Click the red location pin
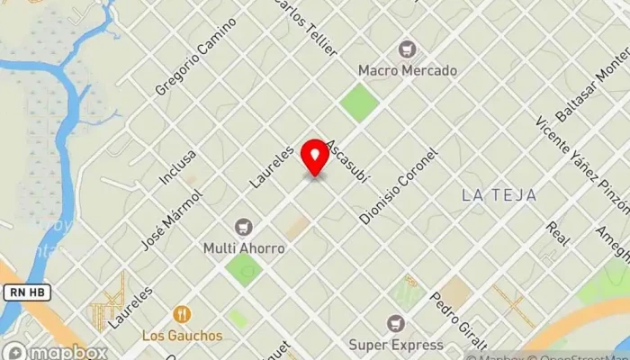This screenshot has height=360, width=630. coord(315,158)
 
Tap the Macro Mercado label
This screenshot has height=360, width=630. coord(408,69)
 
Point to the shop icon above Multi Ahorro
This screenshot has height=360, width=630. coord(243,227)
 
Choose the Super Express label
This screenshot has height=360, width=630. coord(395,345)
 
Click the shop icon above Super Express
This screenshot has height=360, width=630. coord(395,323)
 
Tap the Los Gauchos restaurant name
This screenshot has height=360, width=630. coord(182,336)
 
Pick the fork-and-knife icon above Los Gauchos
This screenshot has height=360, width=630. coord(183,314)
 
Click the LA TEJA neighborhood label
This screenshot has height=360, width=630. coord(499,194)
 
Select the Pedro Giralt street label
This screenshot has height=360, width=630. coord(458,319)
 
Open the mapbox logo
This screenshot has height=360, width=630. coord(56,350)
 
